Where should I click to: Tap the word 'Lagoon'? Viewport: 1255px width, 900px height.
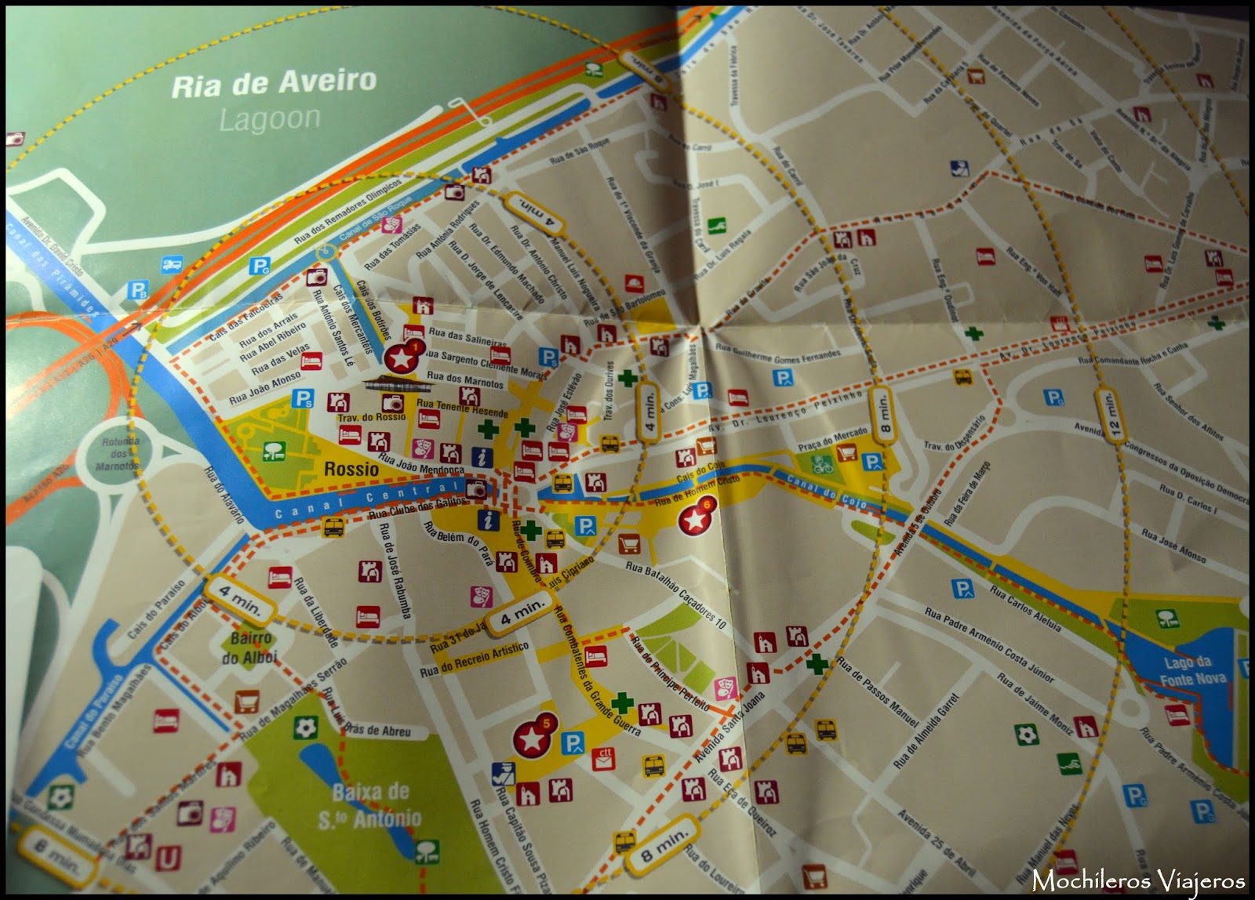(x=270, y=119)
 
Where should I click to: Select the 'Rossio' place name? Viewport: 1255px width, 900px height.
(x=351, y=469)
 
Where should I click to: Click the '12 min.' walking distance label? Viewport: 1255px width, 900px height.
(x=1109, y=415)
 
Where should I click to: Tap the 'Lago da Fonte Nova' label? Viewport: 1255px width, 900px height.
(x=1191, y=671)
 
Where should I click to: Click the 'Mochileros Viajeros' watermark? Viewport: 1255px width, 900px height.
(x=1138, y=880)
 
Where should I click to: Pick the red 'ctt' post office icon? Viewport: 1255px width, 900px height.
(x=603, y=757)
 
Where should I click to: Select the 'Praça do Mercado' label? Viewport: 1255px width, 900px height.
(x=832, y=439)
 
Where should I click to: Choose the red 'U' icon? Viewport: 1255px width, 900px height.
(x=168, y=858)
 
